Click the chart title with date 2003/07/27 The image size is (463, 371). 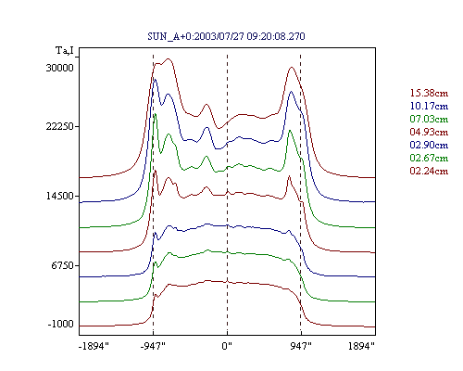[226, 36]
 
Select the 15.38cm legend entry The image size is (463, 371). [429, 93]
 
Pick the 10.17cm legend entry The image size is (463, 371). [429, 106]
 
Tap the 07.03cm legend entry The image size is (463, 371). [429, 119]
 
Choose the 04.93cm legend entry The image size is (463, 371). [429, 132]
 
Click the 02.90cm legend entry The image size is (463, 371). [429, 145]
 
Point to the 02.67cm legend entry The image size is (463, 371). [429, 158]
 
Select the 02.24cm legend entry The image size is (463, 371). [429, 171]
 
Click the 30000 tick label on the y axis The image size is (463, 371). [60, 68]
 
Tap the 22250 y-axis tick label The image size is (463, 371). [60, 126]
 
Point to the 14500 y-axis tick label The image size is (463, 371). [60, 196]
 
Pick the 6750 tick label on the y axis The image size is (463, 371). [63, 265]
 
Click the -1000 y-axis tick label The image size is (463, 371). [61, 324]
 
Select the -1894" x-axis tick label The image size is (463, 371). [94, 346]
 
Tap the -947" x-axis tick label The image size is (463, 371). [153, 346]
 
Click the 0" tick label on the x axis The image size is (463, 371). [227, 346]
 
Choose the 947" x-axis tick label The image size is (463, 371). [301, 346]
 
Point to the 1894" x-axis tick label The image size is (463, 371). [361, 346]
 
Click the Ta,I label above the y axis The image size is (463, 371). [65, 50]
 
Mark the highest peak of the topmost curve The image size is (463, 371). [169, 58]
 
